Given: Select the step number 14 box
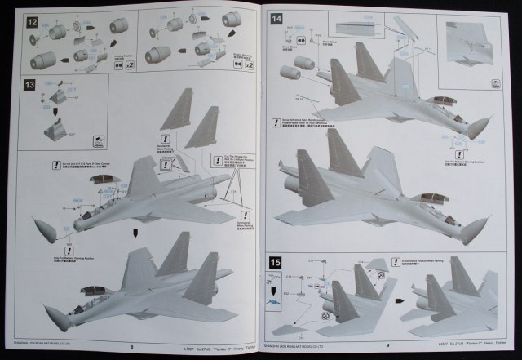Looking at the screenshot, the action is point(277,18).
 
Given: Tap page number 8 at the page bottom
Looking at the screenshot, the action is point(130,344).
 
